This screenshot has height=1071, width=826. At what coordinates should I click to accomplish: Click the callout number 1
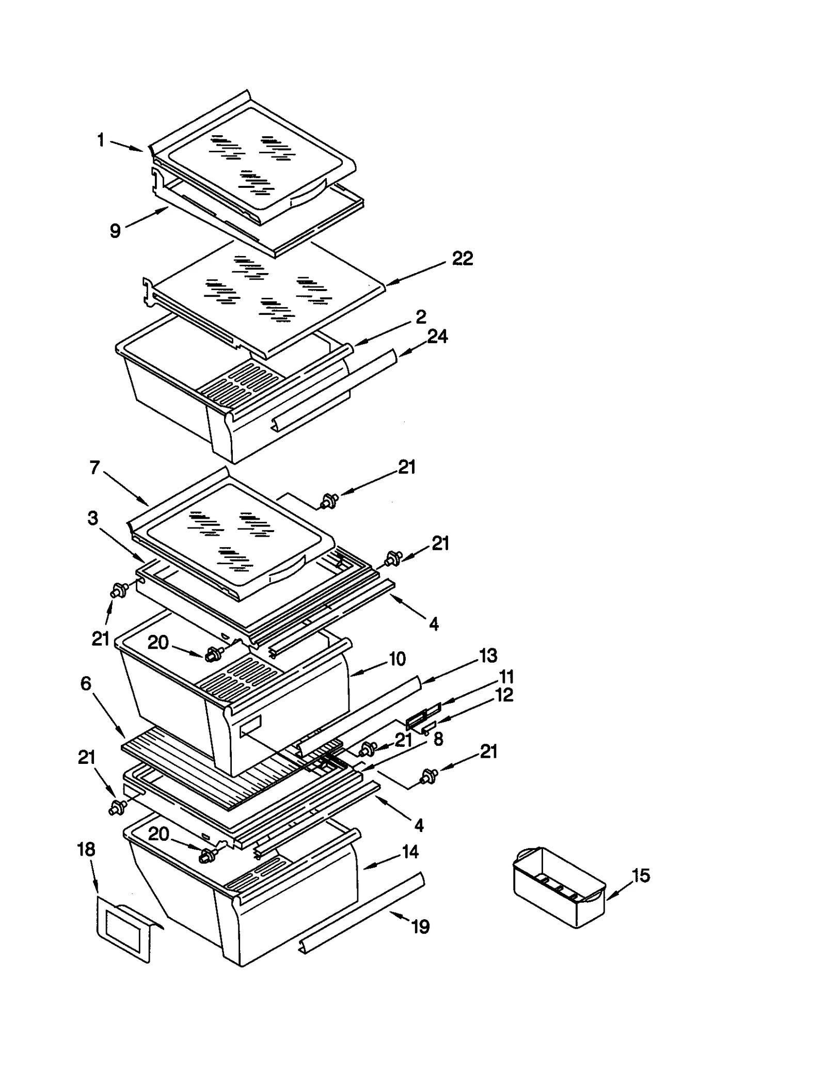click(x=101, y=140)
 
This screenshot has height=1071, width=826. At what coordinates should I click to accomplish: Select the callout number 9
click(x=115, y=231)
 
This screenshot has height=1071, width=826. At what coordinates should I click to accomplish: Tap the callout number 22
click(x=462, y=259)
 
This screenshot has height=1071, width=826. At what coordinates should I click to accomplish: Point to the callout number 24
click(x=437, y=337)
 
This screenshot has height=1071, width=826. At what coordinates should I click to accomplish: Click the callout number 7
click(x=94, y=468)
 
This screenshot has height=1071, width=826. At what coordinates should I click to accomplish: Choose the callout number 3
click(x=92, y=518)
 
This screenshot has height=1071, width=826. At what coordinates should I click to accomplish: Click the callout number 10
click(x=397, y=659)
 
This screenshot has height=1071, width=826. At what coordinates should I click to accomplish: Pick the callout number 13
click(x=488, y=656)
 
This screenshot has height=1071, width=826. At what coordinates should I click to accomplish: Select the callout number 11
click(x=505, y=677)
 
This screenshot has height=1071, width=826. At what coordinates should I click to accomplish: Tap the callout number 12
click(x=504, y=695)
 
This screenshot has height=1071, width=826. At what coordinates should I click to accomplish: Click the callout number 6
click(x=86, y=683)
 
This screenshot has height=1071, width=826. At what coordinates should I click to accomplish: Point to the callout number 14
click(x=410, y=852)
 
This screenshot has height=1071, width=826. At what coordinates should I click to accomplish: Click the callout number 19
click(x=421, y=927)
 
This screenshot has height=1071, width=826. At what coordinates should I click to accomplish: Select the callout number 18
click(x=86, y=850)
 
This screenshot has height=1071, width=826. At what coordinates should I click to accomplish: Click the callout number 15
click(x=641, y=876)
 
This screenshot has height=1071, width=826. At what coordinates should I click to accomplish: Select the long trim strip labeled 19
click(x=361, y=914)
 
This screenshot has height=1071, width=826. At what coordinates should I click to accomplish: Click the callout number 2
click(x=421, y=317)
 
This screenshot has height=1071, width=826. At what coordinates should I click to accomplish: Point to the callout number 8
click(x=438, y=739)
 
